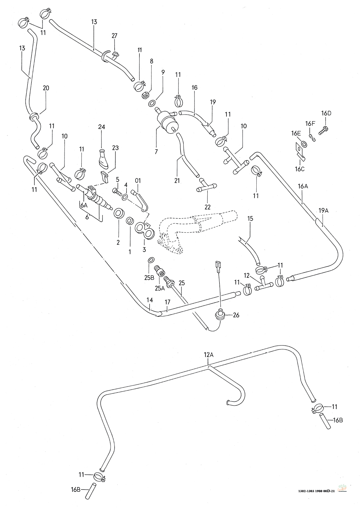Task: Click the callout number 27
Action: [x=114, y=36]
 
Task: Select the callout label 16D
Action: [x=326, y=113]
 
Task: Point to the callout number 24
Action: [x=101, y=127]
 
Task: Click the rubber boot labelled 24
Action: [x=103, y=159]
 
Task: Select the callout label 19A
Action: [x=324, y=211]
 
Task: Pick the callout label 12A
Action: [x=209, y=355]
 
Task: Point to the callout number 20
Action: [x=46, y=88]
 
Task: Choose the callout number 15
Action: [x=251, y=218]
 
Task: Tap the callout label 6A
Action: [x=84, y=205]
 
